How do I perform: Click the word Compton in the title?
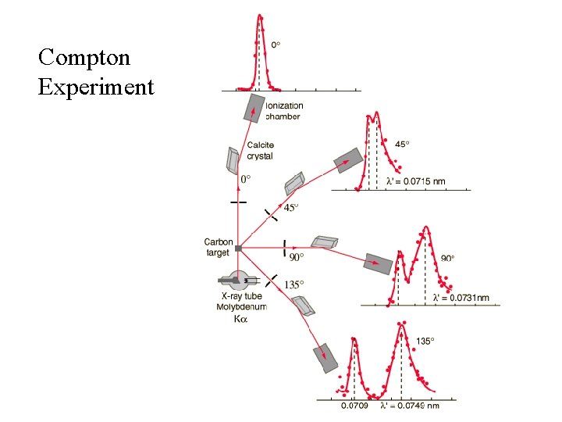tap(84, 57)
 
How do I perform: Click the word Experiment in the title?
tap(95, 87)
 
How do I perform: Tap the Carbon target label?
tap(218, 247)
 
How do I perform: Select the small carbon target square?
tap(238, 249)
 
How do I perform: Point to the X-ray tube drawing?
tap(237, 279)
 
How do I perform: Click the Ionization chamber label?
tap(284, 111)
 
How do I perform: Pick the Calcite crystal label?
tap(260, 151)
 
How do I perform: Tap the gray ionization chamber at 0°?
tap(254, 108)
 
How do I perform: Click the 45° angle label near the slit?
tap(290, 208)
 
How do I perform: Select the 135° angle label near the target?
tap(293, 285)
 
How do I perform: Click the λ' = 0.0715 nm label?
tap(416, 181)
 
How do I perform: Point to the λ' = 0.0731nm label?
tap(461, 298)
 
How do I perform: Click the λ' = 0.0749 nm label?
tap(410, 406)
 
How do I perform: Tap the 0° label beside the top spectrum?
tap(276, 45)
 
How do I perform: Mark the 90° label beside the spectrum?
tap(447, 258)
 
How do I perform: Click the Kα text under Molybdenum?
tap(241, 319)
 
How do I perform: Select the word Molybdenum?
tap(241, 307)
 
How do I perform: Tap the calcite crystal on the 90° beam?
tap(324, 241)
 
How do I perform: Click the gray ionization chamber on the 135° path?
tap(325, 357)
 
